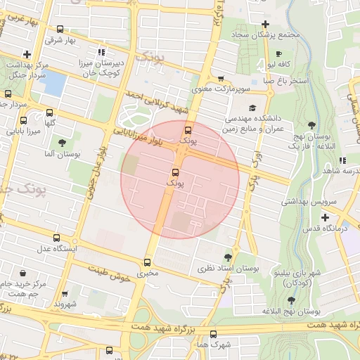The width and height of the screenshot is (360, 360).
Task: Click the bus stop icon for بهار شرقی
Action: point(60,30)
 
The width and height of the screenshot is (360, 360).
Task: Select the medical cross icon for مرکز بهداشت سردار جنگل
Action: point(27,54)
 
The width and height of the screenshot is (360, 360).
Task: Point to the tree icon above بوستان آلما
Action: point(62,143)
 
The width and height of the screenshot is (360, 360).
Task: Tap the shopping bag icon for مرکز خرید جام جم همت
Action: point(25,274)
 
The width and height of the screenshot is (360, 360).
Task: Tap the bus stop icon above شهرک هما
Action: point(214,334)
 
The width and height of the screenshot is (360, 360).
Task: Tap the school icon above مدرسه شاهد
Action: point(342,160)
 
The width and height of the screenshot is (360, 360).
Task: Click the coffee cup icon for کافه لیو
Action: point(279,54)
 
